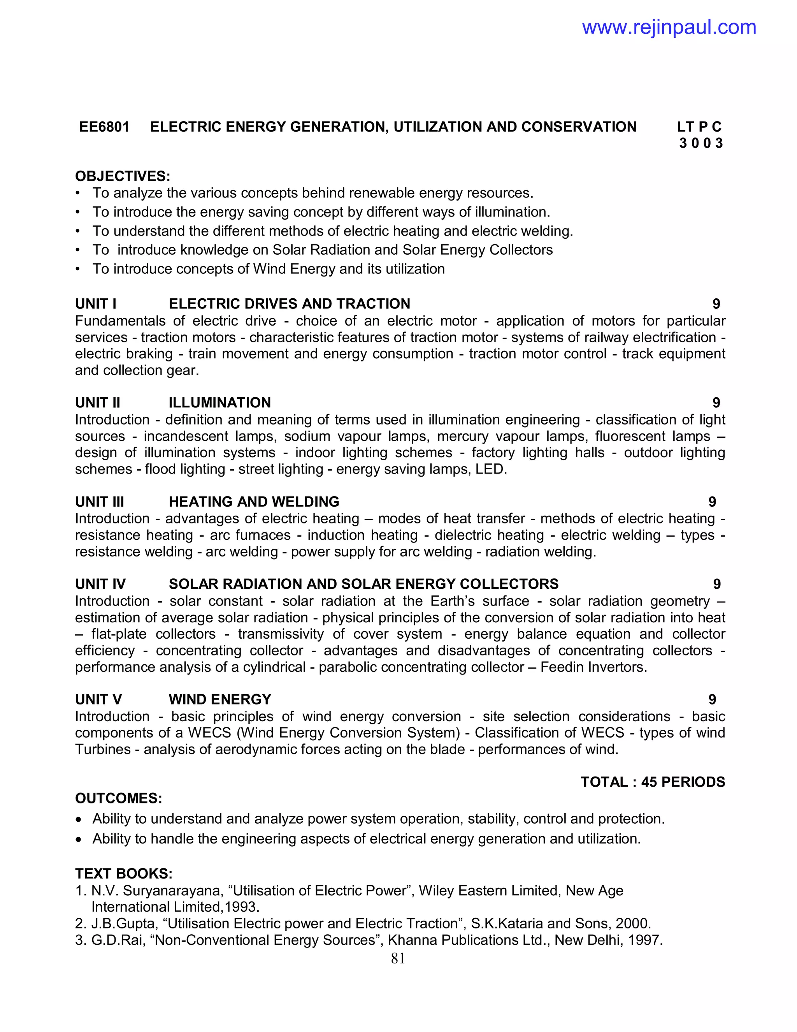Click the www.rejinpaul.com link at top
(669, 27)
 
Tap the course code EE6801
(104, 127)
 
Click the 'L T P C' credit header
(699, 127)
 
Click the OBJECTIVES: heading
(122, 176)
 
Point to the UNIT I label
(96, 304)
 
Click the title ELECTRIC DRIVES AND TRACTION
(290, 304)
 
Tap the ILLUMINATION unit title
(219, 403)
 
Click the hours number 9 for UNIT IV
(717, 584)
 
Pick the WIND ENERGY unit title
(220, 699)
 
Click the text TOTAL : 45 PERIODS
(653, 782)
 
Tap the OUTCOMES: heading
(119, 799)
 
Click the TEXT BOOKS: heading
(124, 873)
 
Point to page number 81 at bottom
(398, 958)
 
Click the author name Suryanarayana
(172, 891)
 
